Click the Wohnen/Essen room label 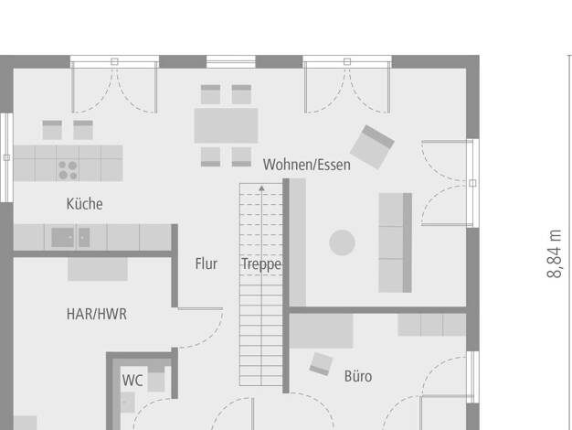pyautogui.click(x=307, y=165)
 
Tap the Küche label pyautogui.click(x=85, y=204)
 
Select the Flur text pyautogui.click(x=207, y=263)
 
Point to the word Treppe pyautogui.click(x=261, y=264)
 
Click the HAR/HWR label pyautogui.click(x=97, y=314)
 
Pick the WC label pyautogui.click(x=132, y=381)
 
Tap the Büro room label pyautogui.click(x=358, y=376)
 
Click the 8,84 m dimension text pyautogui.click(x=555, y=254)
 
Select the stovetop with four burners pyautogui.click(x=68, y=170)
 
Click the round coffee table pyautogui.click(x=342, y=242)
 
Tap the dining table pyautogui.click(x=227, y=125)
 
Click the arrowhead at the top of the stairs pyautogui.click(x=261, y=188)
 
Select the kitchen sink pyautogui.click(x=70, y=238)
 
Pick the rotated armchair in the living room pyautogui.click(x=372, y=147)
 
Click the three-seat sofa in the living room pyautogui.click(x=396, y=243)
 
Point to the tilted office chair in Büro pyautogui.click(x=321, y=364)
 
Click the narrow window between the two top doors pyautogui.click(x=231, y=61)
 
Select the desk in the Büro pyautogui.click(x=322, y=331)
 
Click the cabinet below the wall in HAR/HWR pyautogui.click(x=98, y=269)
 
